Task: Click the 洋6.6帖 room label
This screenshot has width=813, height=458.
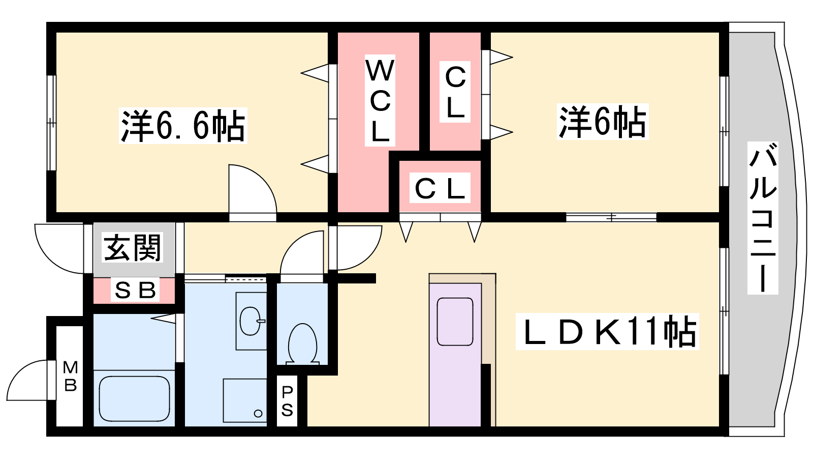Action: [183, 125]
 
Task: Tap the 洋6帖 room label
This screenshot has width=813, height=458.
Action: [603, 122]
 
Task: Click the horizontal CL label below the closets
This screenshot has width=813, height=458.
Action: [440, 188]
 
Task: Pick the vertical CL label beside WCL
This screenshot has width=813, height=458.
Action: [455, 92]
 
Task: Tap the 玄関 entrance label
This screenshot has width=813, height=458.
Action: [133, 247]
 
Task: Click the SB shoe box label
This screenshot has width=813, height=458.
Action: [135, 290]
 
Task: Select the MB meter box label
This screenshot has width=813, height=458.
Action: [70, 376]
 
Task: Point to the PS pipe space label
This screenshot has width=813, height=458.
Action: [287, 402]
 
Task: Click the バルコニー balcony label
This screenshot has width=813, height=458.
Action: [763, 217]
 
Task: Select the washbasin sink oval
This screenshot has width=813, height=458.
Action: [251, 321]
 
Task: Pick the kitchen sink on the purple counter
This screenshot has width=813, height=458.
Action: [455, 322]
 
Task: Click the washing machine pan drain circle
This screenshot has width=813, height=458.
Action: [258, 414]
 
